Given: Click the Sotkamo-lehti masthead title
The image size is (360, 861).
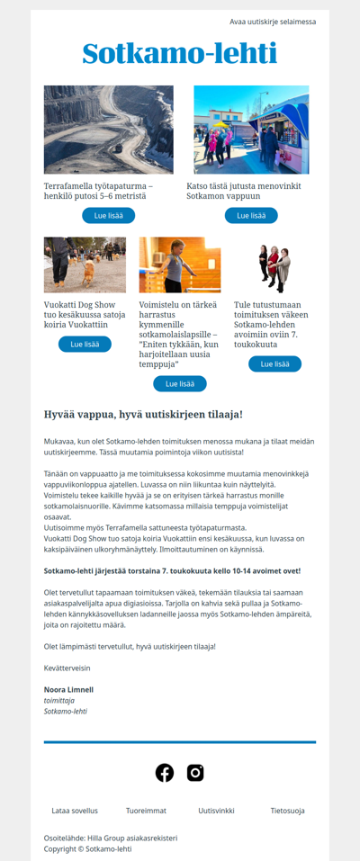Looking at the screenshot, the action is (180, 55).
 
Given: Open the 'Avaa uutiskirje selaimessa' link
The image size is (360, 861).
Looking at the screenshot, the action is (273, 22).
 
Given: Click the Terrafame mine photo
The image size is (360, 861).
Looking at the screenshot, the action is (108, 130).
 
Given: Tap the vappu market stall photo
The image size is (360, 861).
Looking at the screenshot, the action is (251, 130).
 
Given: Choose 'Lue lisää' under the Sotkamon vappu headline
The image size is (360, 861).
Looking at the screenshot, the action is (251, 216).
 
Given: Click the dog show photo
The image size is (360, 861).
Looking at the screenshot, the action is (85, 265).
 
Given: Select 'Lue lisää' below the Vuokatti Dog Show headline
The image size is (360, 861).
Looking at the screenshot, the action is (85, 345).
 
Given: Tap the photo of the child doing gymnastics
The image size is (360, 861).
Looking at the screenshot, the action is (180, 265).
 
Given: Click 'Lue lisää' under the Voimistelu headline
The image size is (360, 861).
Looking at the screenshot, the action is (180, 384).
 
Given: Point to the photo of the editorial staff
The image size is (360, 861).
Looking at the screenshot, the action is (274, 265).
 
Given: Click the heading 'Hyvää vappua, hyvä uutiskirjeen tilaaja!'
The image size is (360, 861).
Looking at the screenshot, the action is (143, 415).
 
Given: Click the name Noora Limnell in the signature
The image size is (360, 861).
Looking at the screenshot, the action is (68, 690).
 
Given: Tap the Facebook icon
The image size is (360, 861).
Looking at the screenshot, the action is (165, 773).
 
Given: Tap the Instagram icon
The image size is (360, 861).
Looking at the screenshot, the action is (195, 773).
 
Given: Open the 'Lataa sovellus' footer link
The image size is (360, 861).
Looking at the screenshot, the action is (75, 811).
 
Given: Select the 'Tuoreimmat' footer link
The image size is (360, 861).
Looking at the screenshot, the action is (146, 811).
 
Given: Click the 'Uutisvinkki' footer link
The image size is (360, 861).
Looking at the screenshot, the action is (217, 811).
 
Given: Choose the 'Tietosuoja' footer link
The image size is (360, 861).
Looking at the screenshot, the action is (287, 811).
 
